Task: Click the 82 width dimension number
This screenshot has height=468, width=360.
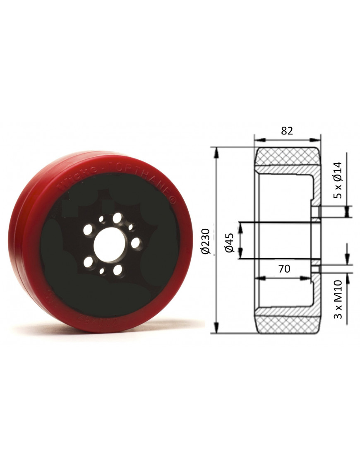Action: tap(287, 131)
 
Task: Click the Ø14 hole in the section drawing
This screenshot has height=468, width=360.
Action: tap(315, 212)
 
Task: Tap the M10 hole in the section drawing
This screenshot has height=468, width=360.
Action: tap(315, 269)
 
